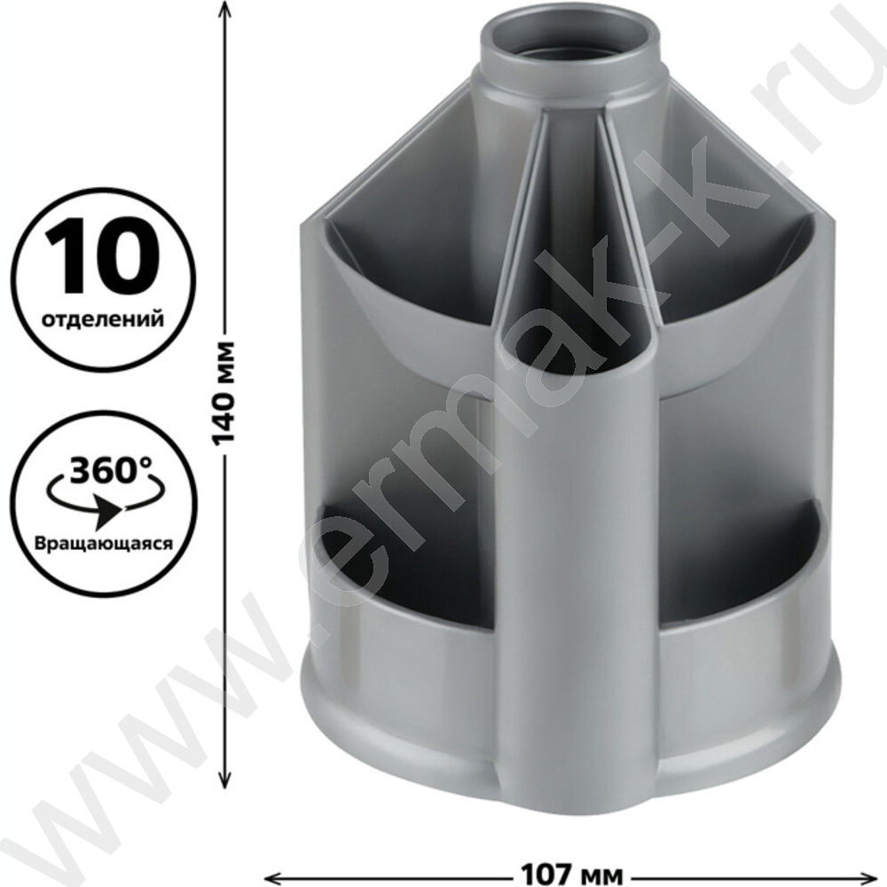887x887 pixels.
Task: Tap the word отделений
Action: point(104,318)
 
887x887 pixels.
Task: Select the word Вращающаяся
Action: point(104,543)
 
